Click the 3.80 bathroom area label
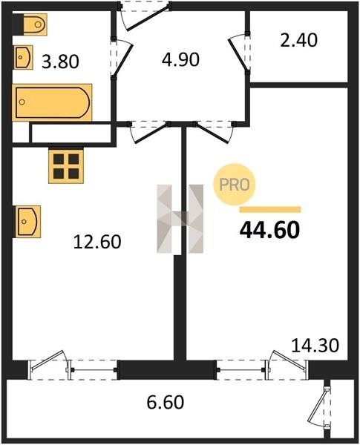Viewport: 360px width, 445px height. click(x=60, y=62)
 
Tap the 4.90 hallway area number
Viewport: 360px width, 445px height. click(x=180, y=60)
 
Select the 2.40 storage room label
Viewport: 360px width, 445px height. click(x=298, y=40)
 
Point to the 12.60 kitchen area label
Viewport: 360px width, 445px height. click(x=97, y=242)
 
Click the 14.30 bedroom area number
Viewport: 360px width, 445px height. click(x=315, y=346)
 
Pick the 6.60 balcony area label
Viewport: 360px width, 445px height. click(x=166, y=402)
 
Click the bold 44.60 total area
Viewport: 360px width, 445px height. click(x=269, y=230)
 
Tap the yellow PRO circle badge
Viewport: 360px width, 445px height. click(x=235, y=185)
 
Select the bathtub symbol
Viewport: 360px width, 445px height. click(x=52, y=102)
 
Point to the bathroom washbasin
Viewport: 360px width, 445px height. click(x=23, y=57)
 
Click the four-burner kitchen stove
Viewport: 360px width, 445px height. click(x=66, y=166)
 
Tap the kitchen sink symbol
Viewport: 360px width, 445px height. click(x=27, y=221)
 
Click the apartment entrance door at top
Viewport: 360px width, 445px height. click(x=145, y=16)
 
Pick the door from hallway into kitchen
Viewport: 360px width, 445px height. click(x=148, y=131)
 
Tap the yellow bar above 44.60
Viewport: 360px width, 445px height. click(x=270, y=210)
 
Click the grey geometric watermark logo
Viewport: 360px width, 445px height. click(x=180, y=219)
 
